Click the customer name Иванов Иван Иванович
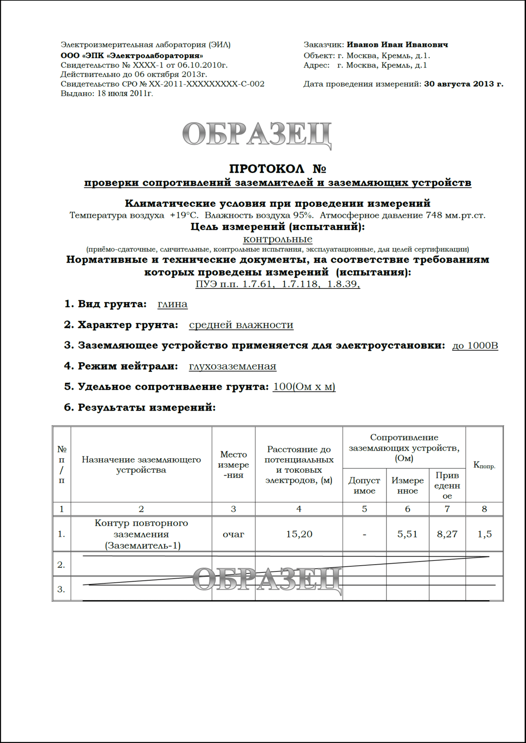coord(397,45)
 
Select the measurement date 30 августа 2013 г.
coord(464,84)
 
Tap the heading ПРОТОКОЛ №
coord(278,169)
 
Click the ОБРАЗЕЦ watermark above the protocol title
coord(257,135)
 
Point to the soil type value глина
coord(173,304)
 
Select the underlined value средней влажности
coord(241,325)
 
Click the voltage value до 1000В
coord(475,345)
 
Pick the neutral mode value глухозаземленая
coord(232,366)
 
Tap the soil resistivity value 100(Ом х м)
coord(304,387)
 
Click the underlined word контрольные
coord(278,239)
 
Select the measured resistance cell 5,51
coord(407,534)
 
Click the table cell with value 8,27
coord(447,534)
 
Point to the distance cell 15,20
coord(299,534)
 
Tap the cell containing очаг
coord(233,534)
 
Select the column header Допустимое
coord(364,485)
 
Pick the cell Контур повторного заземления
coord(141,534)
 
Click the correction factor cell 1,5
coord(484,534)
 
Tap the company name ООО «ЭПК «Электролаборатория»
coord(132,56)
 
